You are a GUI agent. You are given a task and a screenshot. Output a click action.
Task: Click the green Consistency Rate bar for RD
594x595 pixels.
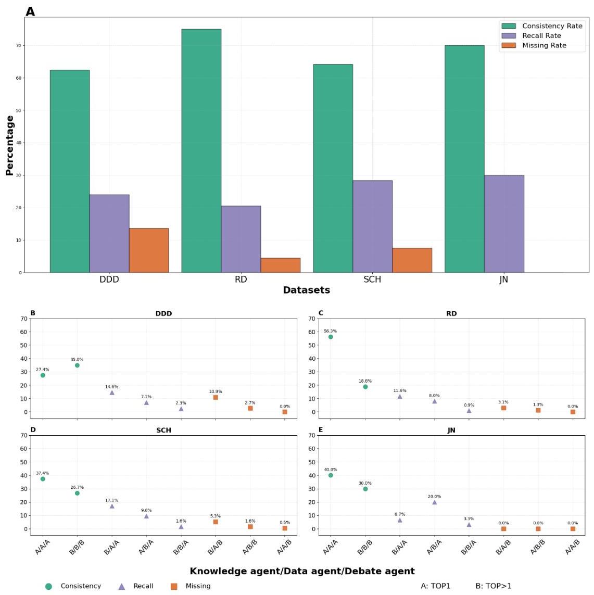tap(201, 151)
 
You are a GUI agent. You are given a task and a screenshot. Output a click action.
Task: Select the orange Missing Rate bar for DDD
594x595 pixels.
tap(149, 250)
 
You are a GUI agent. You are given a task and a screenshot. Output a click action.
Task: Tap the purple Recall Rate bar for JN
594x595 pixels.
tap(504, 224)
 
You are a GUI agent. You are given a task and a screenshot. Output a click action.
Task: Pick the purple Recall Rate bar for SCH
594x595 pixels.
tap(372, 226)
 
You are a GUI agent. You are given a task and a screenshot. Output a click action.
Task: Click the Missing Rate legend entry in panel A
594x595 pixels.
tap(544, 45)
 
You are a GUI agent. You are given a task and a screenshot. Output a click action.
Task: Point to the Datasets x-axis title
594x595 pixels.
tap(306, 290)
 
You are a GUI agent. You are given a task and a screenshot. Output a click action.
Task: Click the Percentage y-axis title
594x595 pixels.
tap(9, 145)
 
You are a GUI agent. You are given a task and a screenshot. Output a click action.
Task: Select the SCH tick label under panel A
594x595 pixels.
tap(372, 280)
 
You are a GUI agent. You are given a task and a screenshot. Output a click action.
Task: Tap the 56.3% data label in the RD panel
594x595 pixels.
tap(330, 331)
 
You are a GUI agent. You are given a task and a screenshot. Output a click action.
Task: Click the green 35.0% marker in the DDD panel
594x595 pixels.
tap(77, 365)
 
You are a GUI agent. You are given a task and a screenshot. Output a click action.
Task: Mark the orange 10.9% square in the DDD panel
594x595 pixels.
tap(216, 397)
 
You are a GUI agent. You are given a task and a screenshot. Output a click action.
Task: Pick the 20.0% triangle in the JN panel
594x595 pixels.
tap(434, 502)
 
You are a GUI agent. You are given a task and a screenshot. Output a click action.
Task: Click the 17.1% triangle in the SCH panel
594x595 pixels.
tap(112, 506)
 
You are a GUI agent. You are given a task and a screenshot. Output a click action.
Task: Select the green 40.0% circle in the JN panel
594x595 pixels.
tap(331, 475)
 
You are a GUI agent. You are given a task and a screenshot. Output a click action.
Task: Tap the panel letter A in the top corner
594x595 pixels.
tap(30, 11)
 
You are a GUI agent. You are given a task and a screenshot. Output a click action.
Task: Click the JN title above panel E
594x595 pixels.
tap(451, 431)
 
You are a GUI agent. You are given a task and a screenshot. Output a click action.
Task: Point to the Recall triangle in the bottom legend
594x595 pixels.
tap(122, 586)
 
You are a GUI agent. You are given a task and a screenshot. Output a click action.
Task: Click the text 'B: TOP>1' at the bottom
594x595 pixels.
tap(493, 586)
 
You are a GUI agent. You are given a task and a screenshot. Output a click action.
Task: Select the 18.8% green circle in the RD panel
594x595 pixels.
tap(365, 387)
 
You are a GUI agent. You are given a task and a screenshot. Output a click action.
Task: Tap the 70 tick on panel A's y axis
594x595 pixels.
tap(19, 46)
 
